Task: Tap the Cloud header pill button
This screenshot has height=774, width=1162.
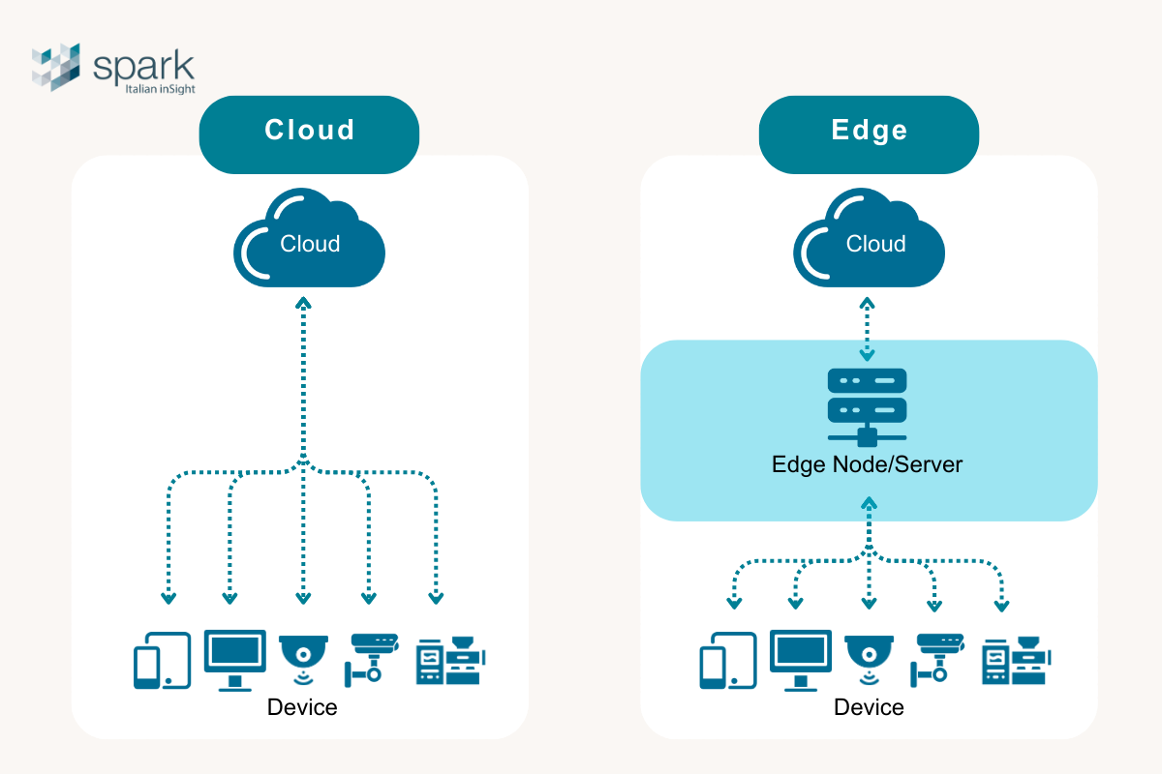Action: tap(309, 131)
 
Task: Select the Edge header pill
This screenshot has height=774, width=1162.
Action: tap(869, 131)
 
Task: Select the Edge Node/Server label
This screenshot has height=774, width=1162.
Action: tap(868, 464)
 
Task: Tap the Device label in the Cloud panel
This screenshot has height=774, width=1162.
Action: tap(302, 707)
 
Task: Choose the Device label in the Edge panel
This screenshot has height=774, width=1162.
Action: tap(869, 707)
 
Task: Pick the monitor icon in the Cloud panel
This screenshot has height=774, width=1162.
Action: tap(234, 659)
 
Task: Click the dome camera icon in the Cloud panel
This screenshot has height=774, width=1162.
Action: tap(303, 658)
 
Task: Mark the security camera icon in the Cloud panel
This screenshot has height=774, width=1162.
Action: tap(371, 658)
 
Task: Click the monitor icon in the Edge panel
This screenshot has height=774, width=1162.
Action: tap(800, 659)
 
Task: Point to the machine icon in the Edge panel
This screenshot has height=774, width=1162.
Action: tap(1016, 660)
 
